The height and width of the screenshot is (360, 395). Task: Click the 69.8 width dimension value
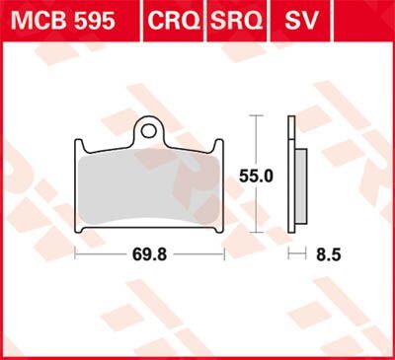(x=150, y=252)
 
